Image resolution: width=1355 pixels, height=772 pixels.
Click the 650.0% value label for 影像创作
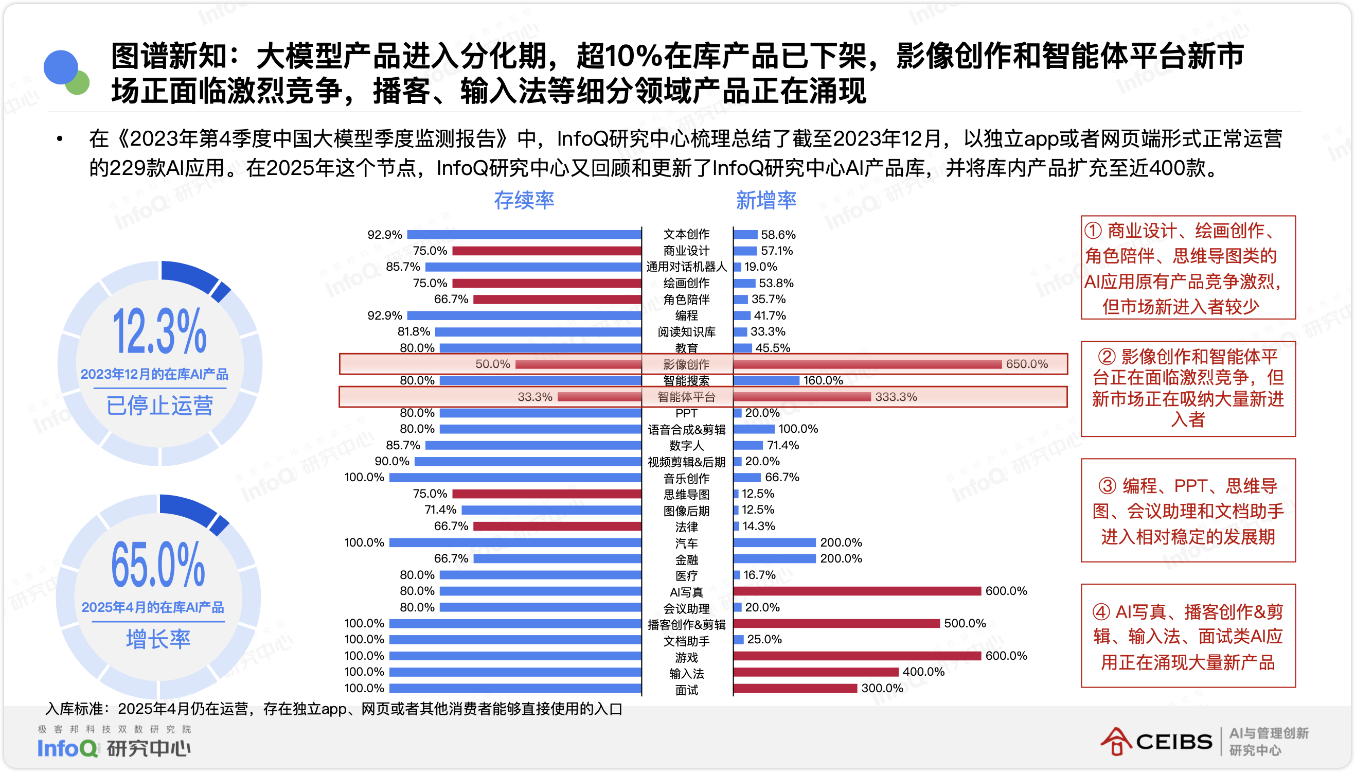click(1026, 364)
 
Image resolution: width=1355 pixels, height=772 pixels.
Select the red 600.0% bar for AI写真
click(857, 591)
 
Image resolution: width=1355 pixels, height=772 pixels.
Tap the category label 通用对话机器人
click(686, 267)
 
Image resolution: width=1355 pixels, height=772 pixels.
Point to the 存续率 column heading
click(524, 200)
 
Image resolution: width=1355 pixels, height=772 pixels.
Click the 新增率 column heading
click(766, 200)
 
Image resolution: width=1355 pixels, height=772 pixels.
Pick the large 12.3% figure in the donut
click(159, 331)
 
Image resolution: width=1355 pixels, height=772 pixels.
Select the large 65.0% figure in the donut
click(158, 565)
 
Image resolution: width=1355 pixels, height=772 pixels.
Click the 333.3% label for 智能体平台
click(896, 397)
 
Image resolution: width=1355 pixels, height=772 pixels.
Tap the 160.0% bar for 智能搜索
click(766, 381)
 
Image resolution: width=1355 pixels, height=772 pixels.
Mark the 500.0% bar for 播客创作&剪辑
click(836, 624)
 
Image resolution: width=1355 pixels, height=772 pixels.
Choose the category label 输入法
click(686, 674)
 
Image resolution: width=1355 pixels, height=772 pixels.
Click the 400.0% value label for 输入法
click(923, 672)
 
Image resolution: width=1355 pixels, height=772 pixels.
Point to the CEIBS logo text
click(1174, 742)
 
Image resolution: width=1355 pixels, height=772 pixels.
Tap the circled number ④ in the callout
click(1101, 612)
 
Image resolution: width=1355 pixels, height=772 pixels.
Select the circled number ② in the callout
click(1107, 357)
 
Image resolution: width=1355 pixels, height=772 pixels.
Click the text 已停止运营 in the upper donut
click(159, 406)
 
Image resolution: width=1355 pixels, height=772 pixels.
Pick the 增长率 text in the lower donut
click(158, 639)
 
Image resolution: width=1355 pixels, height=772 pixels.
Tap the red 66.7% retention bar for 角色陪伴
click(557, 300)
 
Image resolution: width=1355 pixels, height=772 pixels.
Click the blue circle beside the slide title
click(60, 67)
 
